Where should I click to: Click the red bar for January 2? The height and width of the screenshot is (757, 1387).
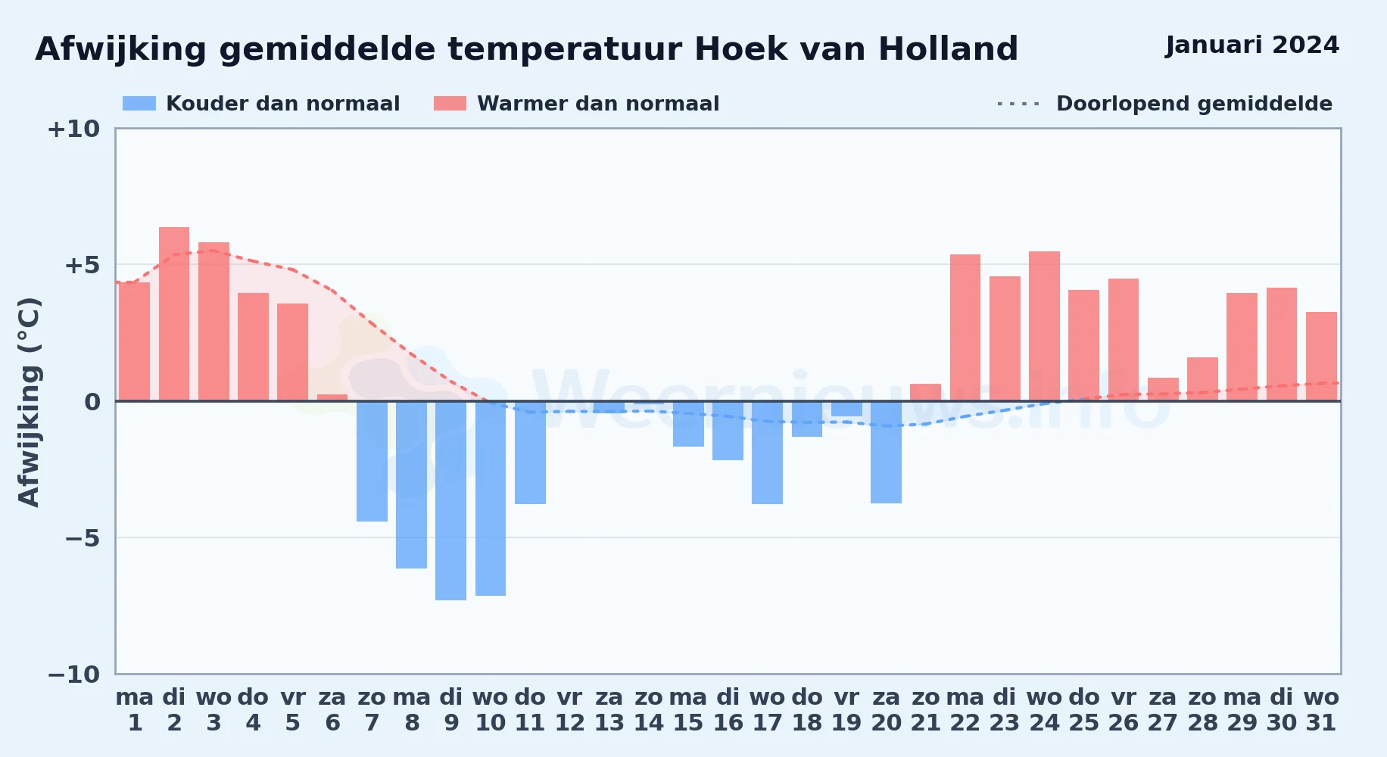pyautogui.click(x=174, y=313)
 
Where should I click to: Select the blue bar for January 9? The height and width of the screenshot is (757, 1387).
pyautogui.click(x=451, y=500)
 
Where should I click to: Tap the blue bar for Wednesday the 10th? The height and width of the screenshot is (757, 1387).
pyautogui.click(x=491, y=498)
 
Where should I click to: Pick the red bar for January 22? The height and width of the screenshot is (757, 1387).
pyautogui.click(x=965, y=327)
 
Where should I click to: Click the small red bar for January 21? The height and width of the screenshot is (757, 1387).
pyautogui.click(x=926, y=392)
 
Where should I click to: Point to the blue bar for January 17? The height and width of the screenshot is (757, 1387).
pyautogui.click(x=768, y=453)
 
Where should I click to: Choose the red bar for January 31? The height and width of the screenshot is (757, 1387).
pyautogui.click(x=1321, y=356)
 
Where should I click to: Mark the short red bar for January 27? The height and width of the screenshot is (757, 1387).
pyautogui.click(x=1163, y=389)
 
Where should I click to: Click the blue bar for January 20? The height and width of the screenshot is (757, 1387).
pyautogui.click(x=886, y=452)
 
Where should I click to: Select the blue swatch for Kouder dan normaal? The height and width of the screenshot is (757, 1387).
pyautogui.click(x=139, y=104)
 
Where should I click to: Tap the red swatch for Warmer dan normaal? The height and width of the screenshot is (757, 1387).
pyautogui.click(x=450, y=104)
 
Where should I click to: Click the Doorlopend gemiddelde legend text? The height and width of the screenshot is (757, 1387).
pyautogui.click(x=1194, y=104)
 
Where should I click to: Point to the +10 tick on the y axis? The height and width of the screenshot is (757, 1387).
pyautogui.click(x=73, y=129)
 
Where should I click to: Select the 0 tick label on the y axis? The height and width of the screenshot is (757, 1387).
pyautogui.click(x=92, y=402)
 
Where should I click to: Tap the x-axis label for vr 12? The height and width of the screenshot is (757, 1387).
pyautogui.click(x=570, y=710)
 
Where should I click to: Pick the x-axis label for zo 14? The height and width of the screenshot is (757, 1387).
pyautogui.click(x=649, y=710)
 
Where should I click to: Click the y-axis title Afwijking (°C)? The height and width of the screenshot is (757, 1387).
pyautogui.click(x=29, y=402)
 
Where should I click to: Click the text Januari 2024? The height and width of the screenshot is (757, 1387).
pyautogui.click(x=1252, y=45)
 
